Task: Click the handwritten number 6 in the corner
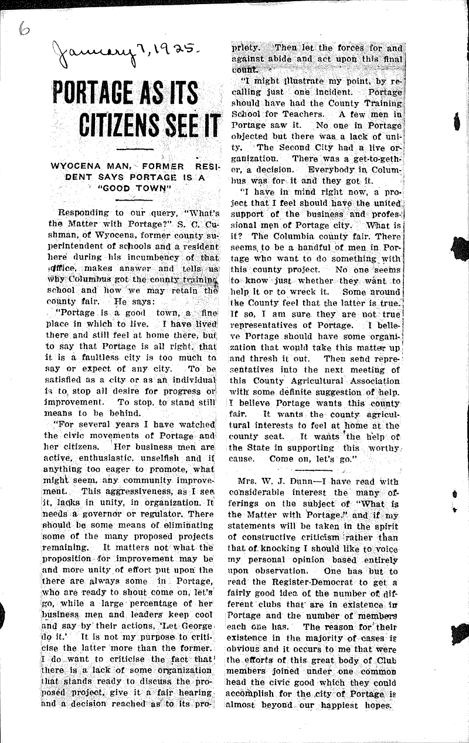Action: tap(23, 12)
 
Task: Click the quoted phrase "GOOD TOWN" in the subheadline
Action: tap(134, 188)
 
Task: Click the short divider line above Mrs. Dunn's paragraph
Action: tap(316, 469)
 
